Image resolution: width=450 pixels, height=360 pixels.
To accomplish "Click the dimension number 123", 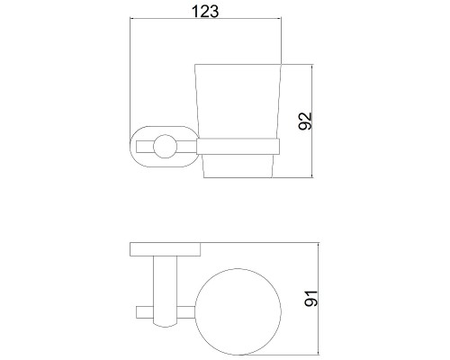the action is point(205,12).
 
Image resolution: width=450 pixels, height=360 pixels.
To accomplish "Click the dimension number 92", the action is point(305,121).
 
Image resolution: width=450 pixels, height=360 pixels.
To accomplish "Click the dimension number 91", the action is point(310,299).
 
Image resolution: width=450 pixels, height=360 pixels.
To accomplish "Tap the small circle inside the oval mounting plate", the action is point(165,147).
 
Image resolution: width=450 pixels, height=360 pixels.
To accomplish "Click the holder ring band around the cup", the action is point(238,147).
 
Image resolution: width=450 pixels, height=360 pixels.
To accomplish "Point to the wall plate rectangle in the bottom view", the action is point(166,249).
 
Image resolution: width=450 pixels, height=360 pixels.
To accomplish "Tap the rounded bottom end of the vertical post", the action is point(166,326).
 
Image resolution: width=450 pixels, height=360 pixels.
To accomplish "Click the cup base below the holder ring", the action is point(238,166).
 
